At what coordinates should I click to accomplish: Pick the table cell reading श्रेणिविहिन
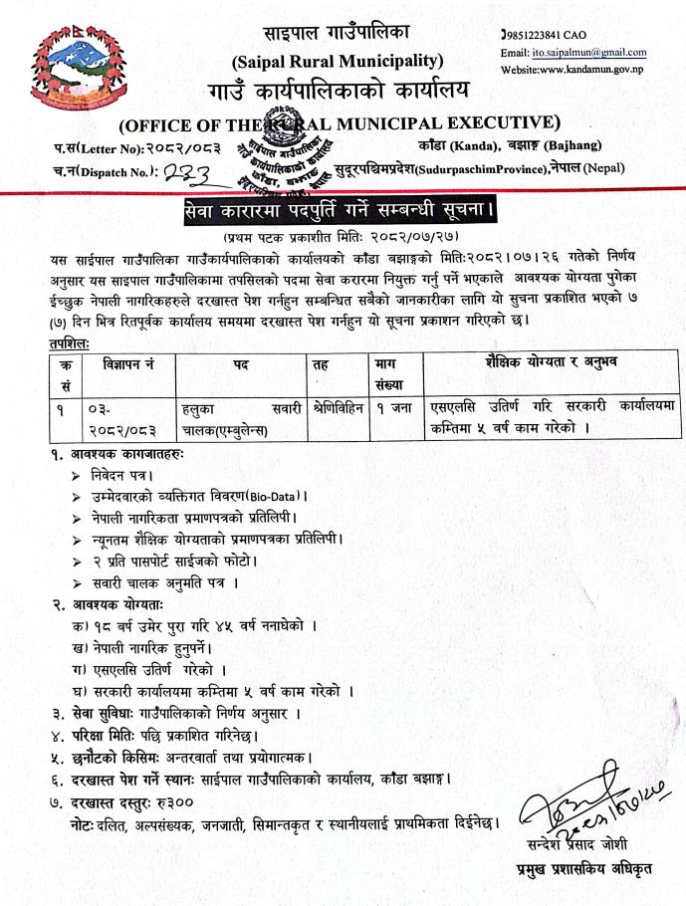(x=336, y=408)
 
